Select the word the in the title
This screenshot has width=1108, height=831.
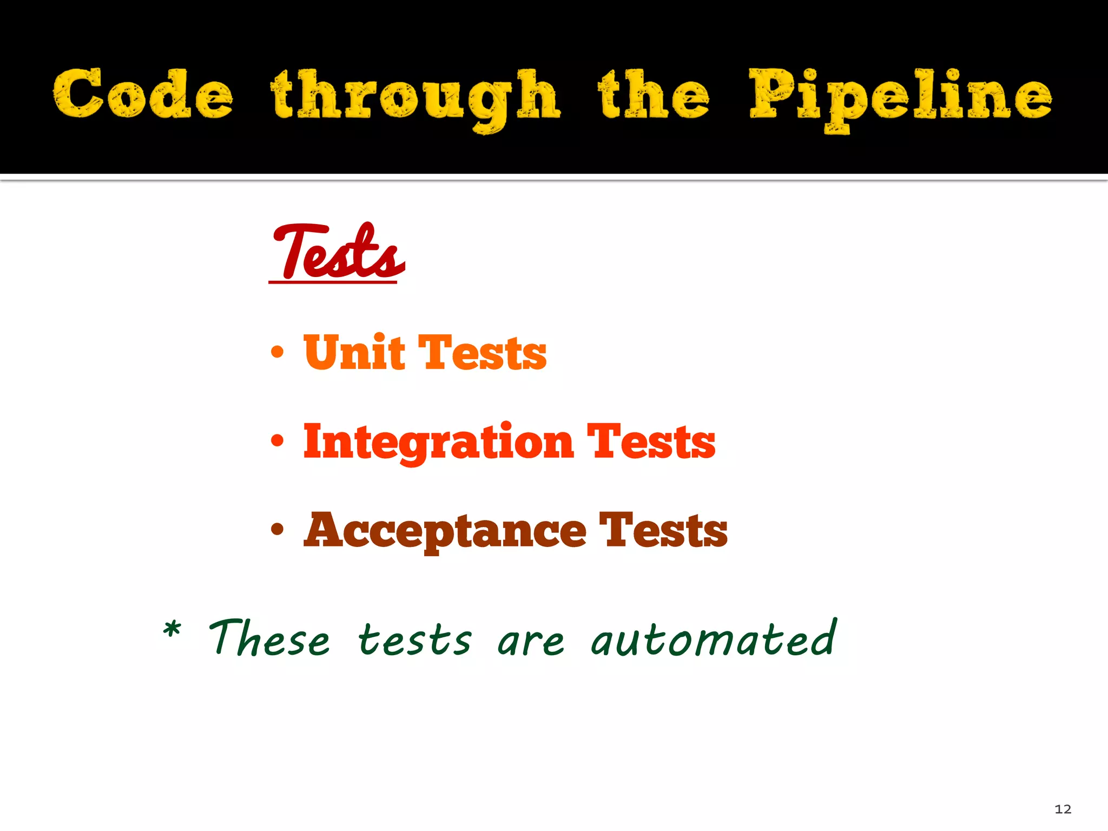654,94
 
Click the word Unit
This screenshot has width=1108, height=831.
354,352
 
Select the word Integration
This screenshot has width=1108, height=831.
438,442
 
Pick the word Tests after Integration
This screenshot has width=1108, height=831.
651,442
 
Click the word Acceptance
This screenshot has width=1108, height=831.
445,531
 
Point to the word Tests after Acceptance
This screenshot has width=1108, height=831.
663,531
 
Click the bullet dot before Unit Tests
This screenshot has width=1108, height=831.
277,353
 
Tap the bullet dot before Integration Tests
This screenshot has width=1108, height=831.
277,441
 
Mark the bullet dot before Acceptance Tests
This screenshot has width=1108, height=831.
277,530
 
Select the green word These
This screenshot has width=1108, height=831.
269,638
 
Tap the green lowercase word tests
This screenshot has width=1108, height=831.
415,641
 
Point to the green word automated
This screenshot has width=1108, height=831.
714,638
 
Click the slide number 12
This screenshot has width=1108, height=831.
1063,809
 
